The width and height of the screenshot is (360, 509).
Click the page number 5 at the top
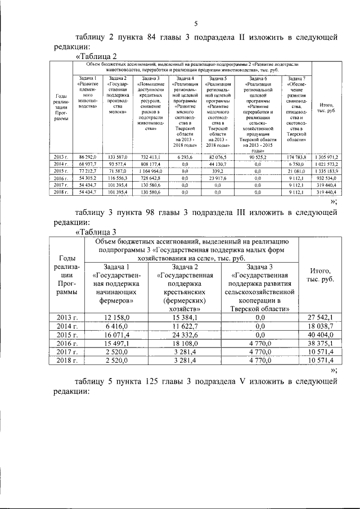[196, 24]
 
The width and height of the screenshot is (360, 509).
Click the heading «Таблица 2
[96, 56]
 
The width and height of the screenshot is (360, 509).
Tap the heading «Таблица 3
[96, 231]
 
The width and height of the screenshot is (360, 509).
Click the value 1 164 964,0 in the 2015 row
[149, 170]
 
